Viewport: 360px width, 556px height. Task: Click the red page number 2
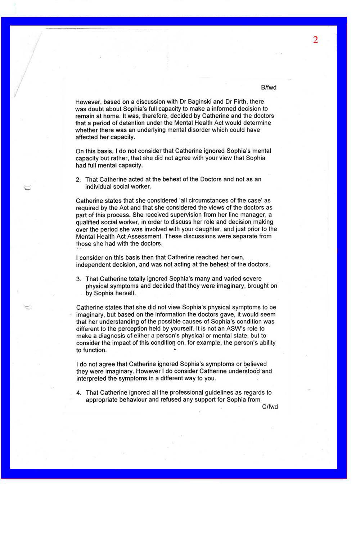point(315,40)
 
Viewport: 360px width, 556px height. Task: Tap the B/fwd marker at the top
point(269,88)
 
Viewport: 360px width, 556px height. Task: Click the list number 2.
point(78,180)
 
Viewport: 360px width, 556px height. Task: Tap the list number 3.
point(78,279)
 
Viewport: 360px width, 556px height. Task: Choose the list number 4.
point(78,393)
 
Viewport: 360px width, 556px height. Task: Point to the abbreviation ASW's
point(236,328)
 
